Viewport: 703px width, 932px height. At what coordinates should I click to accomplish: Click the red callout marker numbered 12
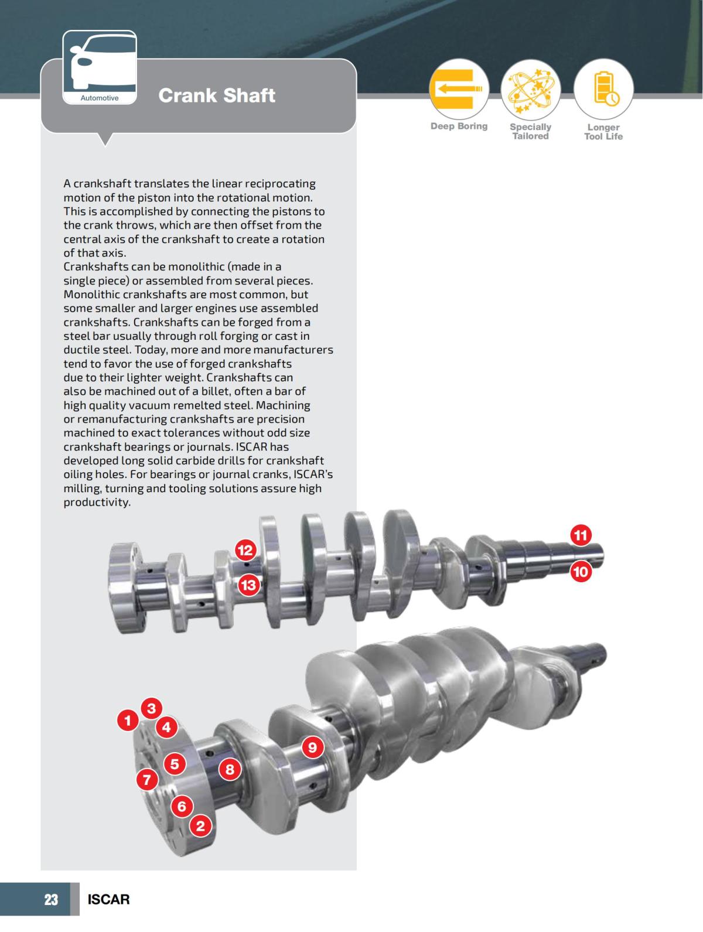(x=245, y=550)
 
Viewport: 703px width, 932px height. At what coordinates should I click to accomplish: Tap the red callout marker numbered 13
(x=249, y=585)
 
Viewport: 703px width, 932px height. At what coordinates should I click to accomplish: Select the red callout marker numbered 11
(x=581, y=535)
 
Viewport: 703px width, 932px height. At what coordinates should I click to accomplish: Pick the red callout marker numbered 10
(x=581, y=571)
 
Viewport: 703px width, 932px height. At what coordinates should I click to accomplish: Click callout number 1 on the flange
(x=127, y=720)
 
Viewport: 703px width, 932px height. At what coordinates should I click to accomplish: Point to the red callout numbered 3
(x=151, y=708)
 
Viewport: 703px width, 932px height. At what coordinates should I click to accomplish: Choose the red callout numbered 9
(x=312, y=747)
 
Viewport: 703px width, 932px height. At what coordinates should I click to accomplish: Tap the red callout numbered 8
(x=230, y=769)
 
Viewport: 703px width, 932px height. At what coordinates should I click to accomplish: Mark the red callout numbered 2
(x=200, y=826)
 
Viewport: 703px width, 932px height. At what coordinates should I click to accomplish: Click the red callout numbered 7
(x=147, y=780)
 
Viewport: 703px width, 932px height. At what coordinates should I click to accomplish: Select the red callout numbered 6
(x=182, y=806)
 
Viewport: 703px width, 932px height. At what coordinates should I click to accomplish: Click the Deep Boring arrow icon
(x=459, y=89)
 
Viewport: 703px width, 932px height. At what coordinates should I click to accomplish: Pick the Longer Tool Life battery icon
(x=603, y=89)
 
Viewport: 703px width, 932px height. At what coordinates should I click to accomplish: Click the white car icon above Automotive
(x=99, y=62)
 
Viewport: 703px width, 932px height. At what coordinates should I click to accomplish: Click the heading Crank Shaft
(x=217, y=95)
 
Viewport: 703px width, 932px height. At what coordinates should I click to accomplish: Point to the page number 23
(x=52, y=899)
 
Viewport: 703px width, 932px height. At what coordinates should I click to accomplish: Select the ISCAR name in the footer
(x=108, y=899)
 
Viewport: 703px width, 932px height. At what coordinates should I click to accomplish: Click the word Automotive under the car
(x=100, y=98)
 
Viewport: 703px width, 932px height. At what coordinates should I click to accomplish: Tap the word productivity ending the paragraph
(x=97, y=503)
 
